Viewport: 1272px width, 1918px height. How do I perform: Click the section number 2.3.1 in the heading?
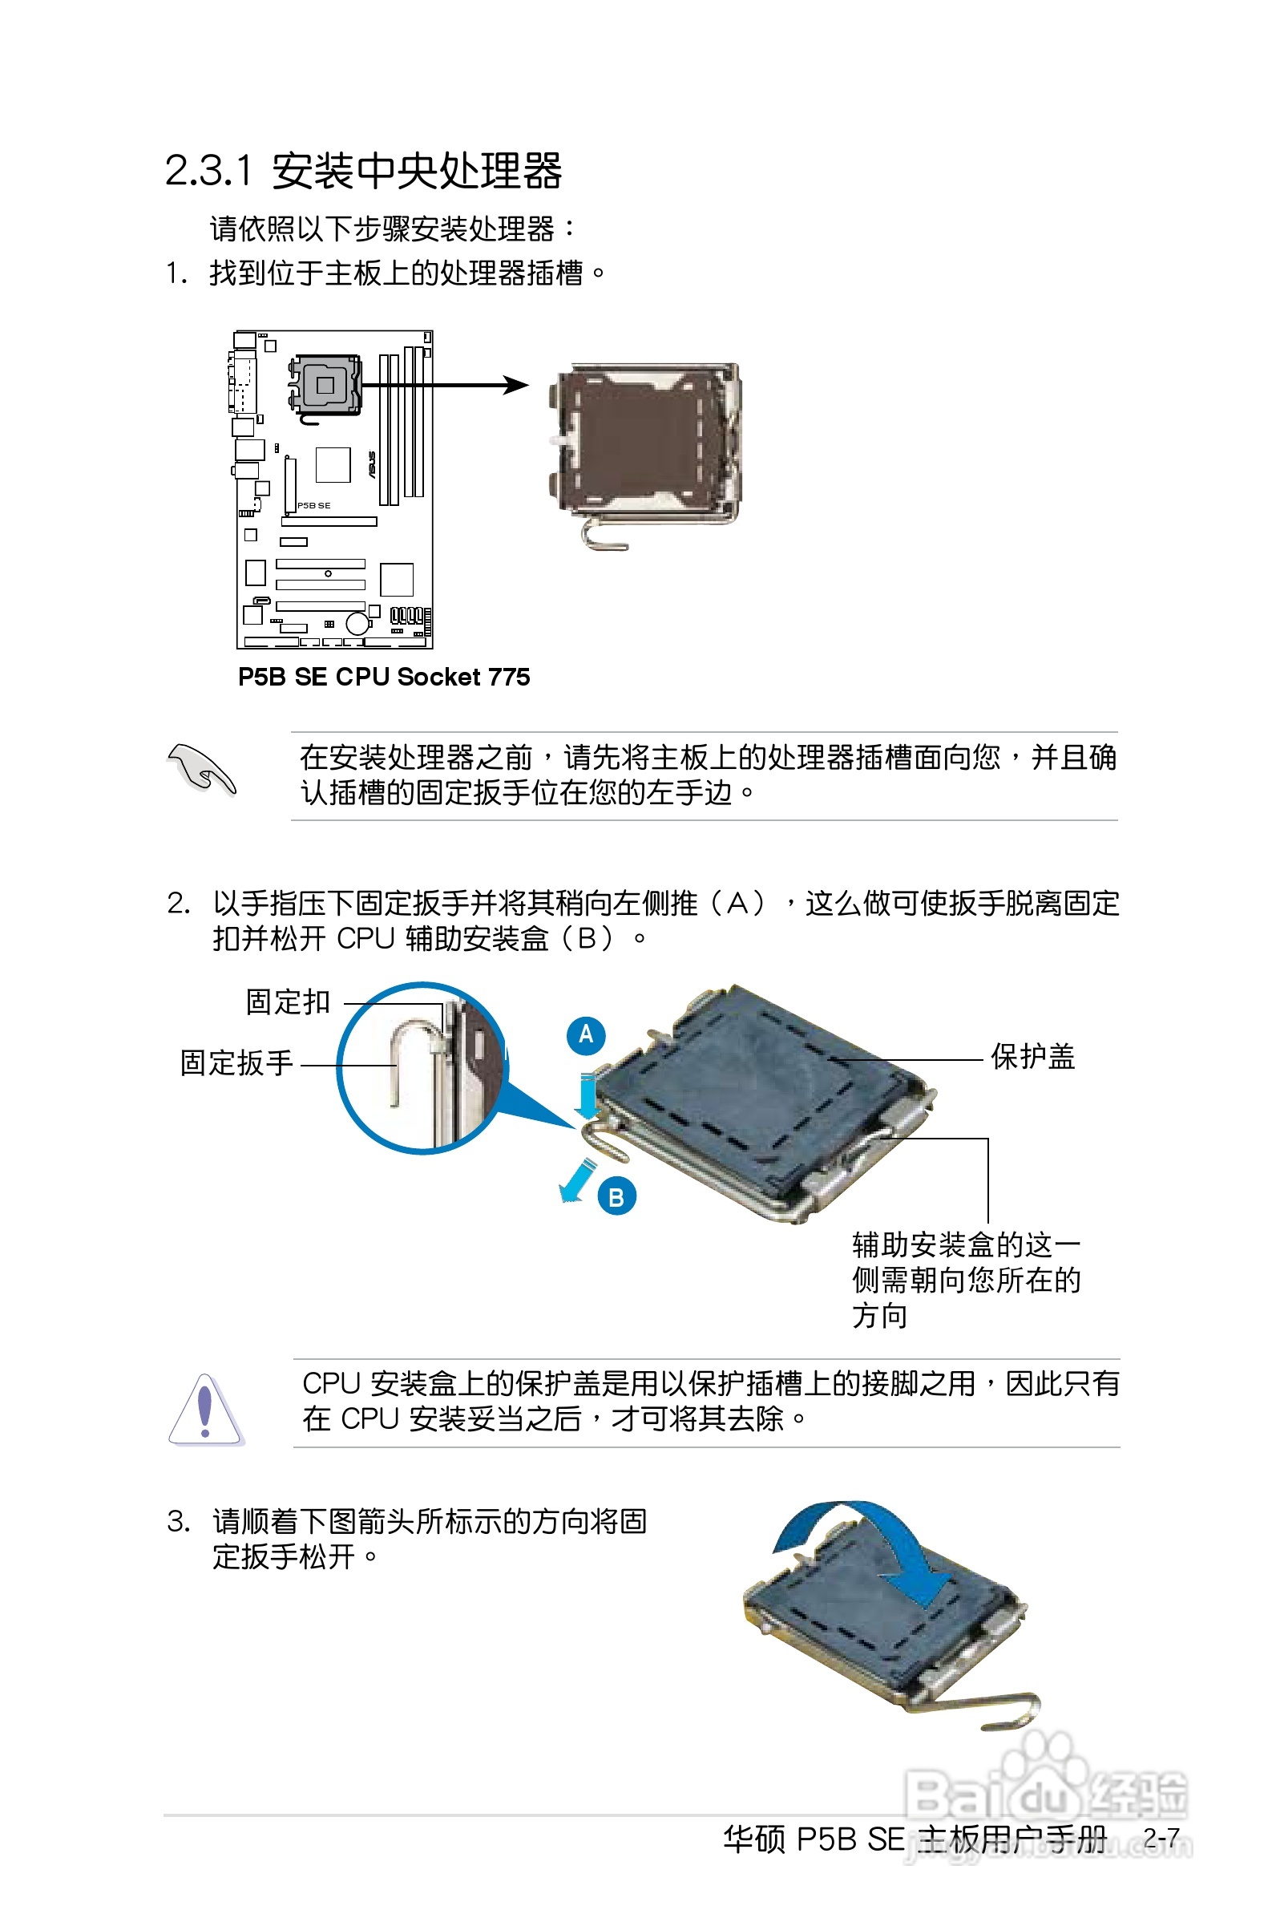[x=208, y=171]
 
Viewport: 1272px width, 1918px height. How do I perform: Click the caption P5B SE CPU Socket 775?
[x=383, y=677]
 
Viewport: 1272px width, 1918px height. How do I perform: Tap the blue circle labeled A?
[x=586, y=1035]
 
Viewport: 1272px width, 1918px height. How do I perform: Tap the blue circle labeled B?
[x=616, y=1196]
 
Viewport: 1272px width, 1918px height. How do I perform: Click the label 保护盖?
[x=1032, y=1057]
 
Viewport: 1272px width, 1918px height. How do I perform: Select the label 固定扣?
[x=287, y=1002]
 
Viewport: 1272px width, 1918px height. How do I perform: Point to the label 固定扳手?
[x=236, y=1063]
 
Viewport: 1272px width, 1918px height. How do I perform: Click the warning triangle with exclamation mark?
[x=205, y=1410]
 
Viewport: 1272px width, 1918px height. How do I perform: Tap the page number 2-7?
[x=1161, y=1838]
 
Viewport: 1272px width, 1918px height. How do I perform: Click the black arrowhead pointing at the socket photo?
[x=516, y=385]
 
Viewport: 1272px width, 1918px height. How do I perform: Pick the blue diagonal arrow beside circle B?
[x=577, y=1180]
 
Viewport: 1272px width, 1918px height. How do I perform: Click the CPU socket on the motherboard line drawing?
[x=325, y=386]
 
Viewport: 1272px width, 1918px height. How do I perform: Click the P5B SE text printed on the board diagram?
[x=314, y=505]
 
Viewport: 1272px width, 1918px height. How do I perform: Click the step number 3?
[x=178, y=1521]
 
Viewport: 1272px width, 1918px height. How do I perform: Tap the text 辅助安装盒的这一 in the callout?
[x=965, y=1244]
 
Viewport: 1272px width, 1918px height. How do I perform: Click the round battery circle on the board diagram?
[x=357, y=623]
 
